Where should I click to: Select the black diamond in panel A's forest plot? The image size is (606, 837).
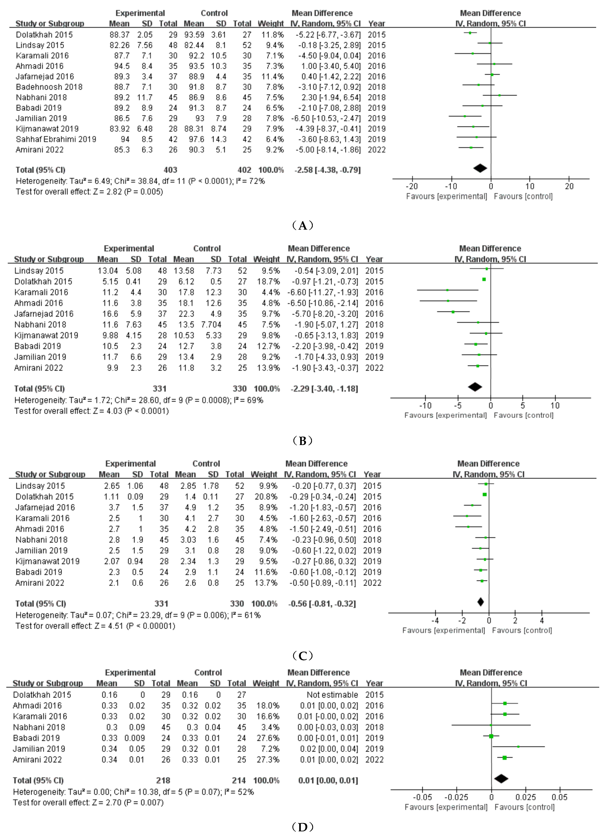click(x=480, y=168)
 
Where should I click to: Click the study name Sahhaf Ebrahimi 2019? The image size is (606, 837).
click(x=56, y=139)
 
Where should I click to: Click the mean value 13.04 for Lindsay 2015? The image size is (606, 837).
click(x=108, y=270)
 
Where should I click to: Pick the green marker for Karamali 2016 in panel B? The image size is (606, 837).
click(x=447, y=290)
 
